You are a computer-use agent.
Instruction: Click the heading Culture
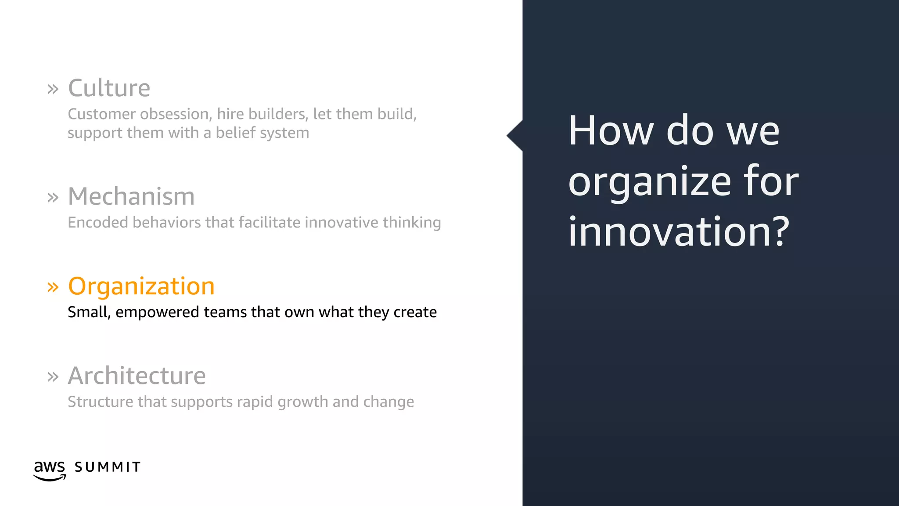[x=109, y=88]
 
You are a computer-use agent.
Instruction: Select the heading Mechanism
[x=131, y=196]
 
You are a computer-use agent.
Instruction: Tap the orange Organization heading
[x=141, y=286]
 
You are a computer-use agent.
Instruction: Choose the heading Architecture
[x=137, y=376]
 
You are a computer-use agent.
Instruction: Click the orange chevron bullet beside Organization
[x=53, y=288]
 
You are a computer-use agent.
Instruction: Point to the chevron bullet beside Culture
[x=53, y=90]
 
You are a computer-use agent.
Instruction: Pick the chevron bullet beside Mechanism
[x=53, y=198]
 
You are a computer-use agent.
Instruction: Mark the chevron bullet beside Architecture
[x=53, y=377]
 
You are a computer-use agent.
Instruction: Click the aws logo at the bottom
[x=50, y=470]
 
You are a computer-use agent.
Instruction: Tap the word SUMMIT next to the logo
[x=108, y=467]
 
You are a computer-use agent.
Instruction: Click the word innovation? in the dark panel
[x=679, y=232]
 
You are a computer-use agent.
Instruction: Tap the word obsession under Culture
[x=174, y=114]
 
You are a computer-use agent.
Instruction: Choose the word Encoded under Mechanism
[x=98, y=223]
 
